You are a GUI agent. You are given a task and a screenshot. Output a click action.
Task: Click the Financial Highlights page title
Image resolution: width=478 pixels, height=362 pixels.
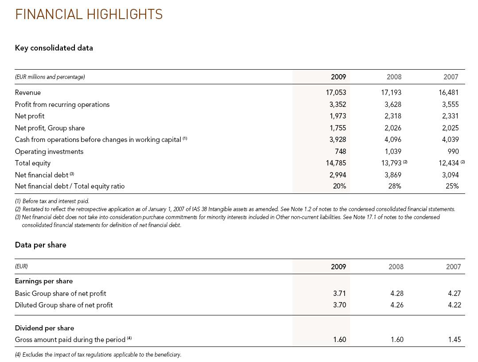point(89,15)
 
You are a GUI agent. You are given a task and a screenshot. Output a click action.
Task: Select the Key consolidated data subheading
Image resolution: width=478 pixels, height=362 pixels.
point(54,48)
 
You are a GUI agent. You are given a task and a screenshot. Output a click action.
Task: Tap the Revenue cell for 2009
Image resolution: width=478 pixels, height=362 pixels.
point(336,93)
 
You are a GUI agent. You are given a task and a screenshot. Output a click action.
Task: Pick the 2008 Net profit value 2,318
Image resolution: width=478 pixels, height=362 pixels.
point(393,116)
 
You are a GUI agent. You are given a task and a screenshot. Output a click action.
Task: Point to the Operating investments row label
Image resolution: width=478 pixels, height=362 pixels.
point(49,152)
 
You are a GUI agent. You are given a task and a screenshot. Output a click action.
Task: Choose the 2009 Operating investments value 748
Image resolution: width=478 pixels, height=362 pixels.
point(340,152)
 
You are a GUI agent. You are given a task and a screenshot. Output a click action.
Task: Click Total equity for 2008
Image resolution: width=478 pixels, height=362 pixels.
point(391,163)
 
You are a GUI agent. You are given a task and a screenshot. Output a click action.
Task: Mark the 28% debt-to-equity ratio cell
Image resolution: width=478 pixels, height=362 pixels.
point(394,186)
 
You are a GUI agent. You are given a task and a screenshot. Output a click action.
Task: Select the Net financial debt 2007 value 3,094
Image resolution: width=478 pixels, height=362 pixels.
point(450,175)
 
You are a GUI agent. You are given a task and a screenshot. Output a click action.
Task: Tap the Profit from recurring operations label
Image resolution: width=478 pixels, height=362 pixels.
point(62,105)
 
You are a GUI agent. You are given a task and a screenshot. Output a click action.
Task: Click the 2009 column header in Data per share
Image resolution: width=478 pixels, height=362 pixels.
point(338,267)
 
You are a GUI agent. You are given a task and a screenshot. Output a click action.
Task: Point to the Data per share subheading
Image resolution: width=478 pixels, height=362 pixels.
point(41,245)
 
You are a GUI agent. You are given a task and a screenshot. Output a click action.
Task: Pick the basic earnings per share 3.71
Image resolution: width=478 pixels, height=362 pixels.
point(339,293)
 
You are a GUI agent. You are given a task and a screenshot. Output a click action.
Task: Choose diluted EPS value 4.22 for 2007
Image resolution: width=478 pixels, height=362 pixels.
point(454,305)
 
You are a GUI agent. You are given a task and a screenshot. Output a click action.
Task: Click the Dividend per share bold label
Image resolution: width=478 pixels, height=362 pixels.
point(44,328)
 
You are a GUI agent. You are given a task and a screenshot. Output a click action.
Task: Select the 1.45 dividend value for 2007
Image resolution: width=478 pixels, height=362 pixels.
point(454,340)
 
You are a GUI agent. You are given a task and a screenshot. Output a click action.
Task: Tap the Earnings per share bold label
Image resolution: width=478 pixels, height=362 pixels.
point(44,281)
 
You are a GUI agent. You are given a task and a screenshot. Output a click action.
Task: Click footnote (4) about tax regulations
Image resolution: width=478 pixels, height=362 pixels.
point(98,354)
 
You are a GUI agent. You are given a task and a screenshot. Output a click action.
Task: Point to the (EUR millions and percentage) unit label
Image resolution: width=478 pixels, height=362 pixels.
point(50,77)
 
